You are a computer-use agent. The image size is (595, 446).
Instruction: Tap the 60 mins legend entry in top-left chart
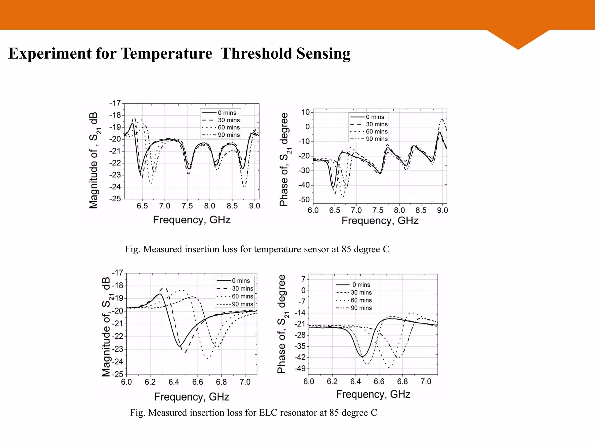point(229,127)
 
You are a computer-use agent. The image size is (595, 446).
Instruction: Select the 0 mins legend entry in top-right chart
point(375,117)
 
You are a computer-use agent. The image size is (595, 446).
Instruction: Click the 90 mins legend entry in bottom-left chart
point(242,304)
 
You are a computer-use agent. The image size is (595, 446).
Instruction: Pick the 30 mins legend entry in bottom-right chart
point(361,293)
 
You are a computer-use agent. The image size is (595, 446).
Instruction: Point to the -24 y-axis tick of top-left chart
point(115,187)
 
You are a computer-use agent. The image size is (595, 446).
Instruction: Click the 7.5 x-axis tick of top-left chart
point(187,206)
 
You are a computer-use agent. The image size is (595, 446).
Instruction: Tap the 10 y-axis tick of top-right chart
point(306,112)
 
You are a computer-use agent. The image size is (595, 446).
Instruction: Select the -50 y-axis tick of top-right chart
point(304,200)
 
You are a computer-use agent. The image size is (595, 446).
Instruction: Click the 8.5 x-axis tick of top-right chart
point(421,210)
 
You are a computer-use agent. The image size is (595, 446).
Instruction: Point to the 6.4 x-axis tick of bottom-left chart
point(174,382)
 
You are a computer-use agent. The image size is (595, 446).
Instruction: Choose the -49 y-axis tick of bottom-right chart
point(300,369)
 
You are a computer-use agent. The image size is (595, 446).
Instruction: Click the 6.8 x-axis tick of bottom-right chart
point(402,382)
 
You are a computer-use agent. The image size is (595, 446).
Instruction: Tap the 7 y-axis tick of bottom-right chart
point(303,279)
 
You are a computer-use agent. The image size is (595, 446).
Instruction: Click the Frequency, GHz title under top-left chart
point(192,220)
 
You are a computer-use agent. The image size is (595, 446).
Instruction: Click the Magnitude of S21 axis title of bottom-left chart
point(106,327)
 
